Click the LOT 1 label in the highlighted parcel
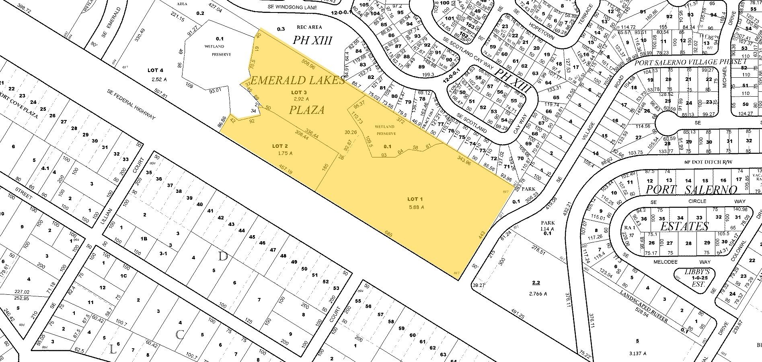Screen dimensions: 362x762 415,199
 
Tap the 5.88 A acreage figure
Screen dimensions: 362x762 416,207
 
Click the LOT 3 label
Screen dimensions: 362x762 299,92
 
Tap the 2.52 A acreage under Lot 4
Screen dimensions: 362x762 159,79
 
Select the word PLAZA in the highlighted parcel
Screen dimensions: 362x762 306,110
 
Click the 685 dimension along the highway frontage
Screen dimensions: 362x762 388,233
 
